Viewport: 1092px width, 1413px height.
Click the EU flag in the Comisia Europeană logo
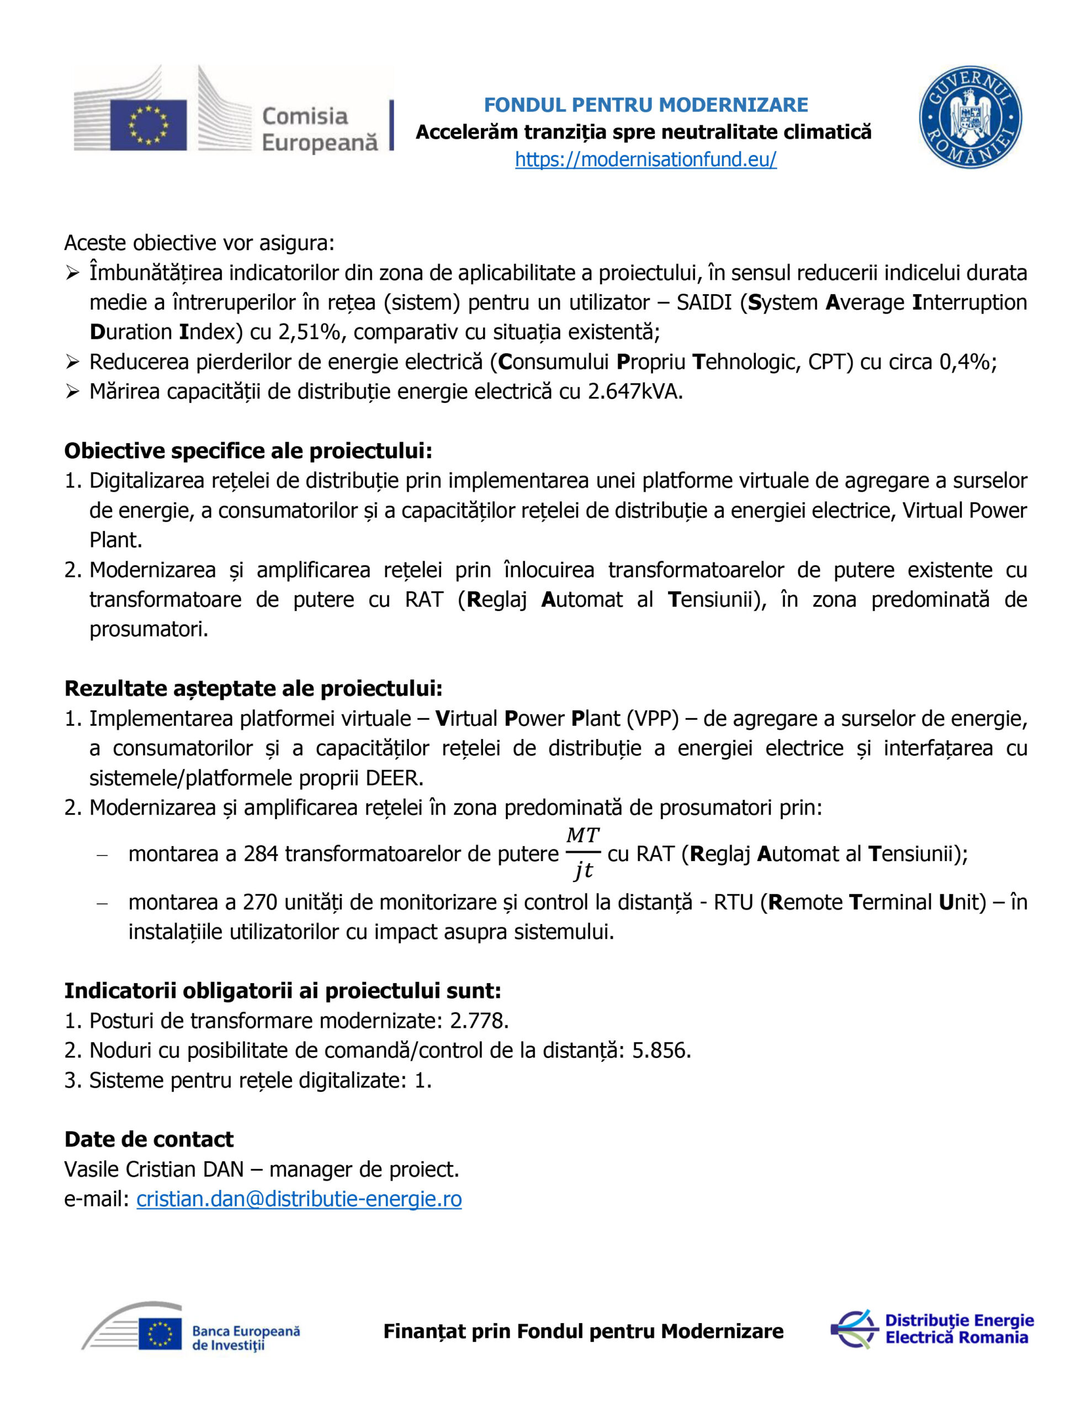click(149, 125)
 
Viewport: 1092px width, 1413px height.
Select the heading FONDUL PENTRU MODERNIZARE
click(645, 105)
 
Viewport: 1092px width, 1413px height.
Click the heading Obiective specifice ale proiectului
click(248, 451)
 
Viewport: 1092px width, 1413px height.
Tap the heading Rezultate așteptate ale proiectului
click(253, 688)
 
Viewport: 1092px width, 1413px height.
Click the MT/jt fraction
click(582, 853)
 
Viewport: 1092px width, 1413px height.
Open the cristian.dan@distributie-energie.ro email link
click(299, 1199)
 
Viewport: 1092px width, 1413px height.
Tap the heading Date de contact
click(149, 1139)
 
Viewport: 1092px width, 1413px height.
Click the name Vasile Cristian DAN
click(154, 1169)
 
